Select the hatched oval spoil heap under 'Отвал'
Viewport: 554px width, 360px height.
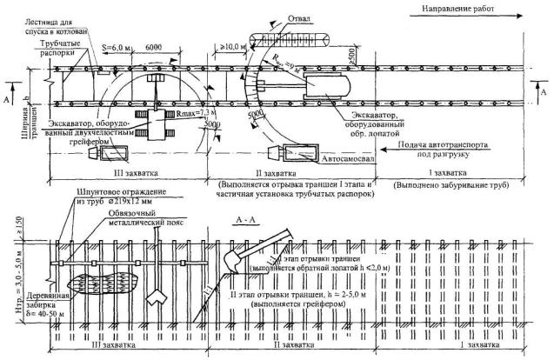click(288, 40)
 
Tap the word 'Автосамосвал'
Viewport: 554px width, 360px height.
click(344, 161)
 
